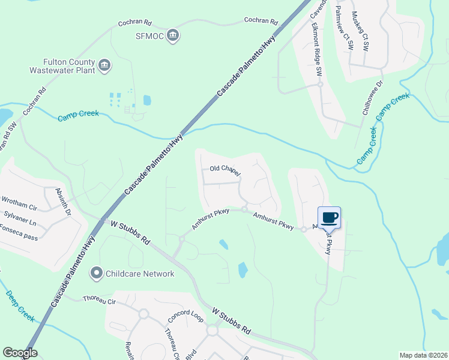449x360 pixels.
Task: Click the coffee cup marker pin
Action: (329, 217)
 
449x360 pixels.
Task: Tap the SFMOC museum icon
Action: (173, 36)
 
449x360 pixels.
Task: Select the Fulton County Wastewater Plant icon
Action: (104, 65)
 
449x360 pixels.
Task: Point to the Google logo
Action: (20, 352)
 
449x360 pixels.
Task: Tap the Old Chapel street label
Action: (225, 170)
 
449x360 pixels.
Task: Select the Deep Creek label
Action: (20, 304)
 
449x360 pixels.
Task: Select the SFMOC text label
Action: (148, 36)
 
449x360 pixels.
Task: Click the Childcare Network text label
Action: (140, 274)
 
